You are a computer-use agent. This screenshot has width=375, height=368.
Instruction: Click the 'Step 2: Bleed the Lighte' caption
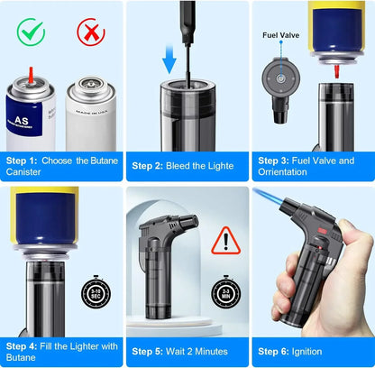pos(183,165)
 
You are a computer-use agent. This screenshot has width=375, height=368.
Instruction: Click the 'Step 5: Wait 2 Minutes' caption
pos(184,350)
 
